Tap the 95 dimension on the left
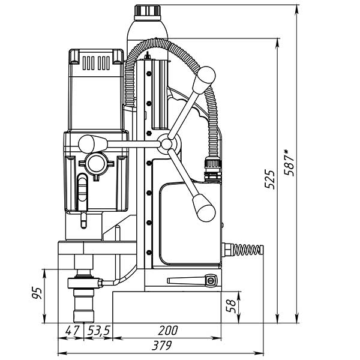tap(37, 294)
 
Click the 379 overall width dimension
tap(161, 346)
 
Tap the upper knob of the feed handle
tap(206, 76)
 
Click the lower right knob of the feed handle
tap(203, 209)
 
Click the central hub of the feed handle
tap(166, 143)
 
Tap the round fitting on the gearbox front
tap(96, 163)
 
